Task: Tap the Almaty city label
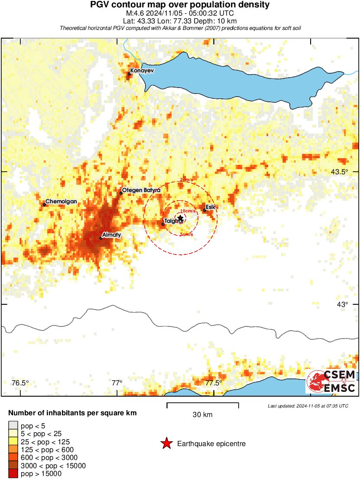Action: (111, 235)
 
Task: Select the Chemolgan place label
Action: (61, 202)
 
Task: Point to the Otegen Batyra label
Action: (141, 190)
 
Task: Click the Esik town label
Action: (211, 207)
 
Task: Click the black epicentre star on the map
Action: (181, 218)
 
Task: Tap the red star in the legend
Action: (166, 443)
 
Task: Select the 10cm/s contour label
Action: (187, 211)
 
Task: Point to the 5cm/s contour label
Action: (186, 235)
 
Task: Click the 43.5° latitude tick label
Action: (339, 172)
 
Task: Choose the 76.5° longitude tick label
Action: (20, 383)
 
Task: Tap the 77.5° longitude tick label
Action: (214, 383)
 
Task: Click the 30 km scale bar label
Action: (202, 415)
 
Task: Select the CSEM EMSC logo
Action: (331, 381)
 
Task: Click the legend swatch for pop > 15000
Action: (13, 474)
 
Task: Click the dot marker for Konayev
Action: (129, 74)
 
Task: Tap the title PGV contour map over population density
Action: (180, 5)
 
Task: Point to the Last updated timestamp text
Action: (308, 406)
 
